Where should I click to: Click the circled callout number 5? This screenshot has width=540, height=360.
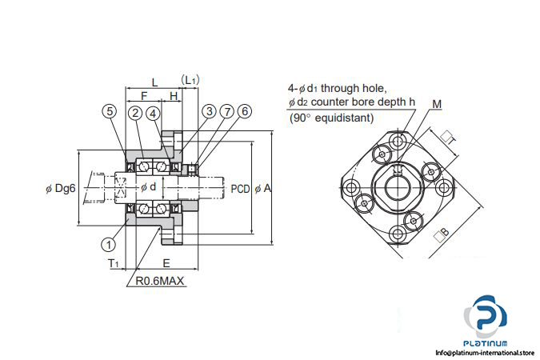pos(110,112)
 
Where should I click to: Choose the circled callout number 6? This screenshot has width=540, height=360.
pos(245,112)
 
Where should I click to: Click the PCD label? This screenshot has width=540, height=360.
pos(240,189)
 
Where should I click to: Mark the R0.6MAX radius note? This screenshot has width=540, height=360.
pos(159,281)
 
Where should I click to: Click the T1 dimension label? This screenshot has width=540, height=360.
pos(114,263)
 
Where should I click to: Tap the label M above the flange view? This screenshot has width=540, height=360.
pos(435,104)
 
